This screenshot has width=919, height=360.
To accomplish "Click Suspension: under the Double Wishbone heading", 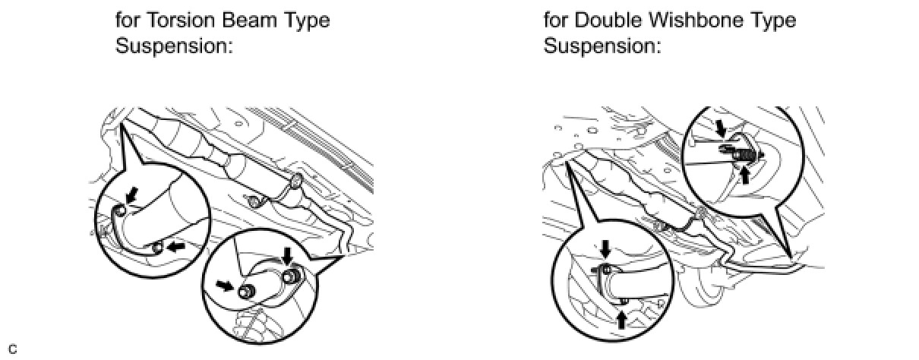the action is pyautogui.click(x=602, y=46).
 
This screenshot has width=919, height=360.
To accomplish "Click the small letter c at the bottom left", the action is pyautogui.click(x=12, y=349).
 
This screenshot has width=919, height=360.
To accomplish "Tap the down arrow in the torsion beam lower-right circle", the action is pyautogui.click(x=287, y=254).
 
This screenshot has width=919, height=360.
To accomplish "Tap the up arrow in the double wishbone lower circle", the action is pyautogui.click(x=622, y=319).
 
